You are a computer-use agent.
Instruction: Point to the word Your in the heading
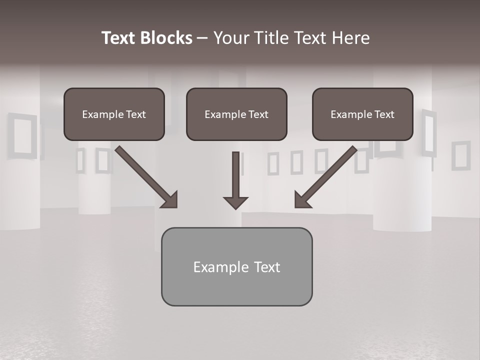click(x=231, y=38)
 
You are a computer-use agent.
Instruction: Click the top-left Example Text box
click(x=114, y=114)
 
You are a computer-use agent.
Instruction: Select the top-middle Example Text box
click(x=236, y=114)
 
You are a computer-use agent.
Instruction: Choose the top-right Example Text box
click(x=362, y=114)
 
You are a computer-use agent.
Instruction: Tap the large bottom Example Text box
click(x=236, y=267)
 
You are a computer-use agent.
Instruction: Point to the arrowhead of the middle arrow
click(x=235, y=203)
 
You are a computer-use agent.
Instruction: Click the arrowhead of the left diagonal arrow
click(x=170, y=200)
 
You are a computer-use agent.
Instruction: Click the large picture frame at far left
click(x=22, y=135)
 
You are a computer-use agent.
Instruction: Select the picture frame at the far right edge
click(x=460, y=155)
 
